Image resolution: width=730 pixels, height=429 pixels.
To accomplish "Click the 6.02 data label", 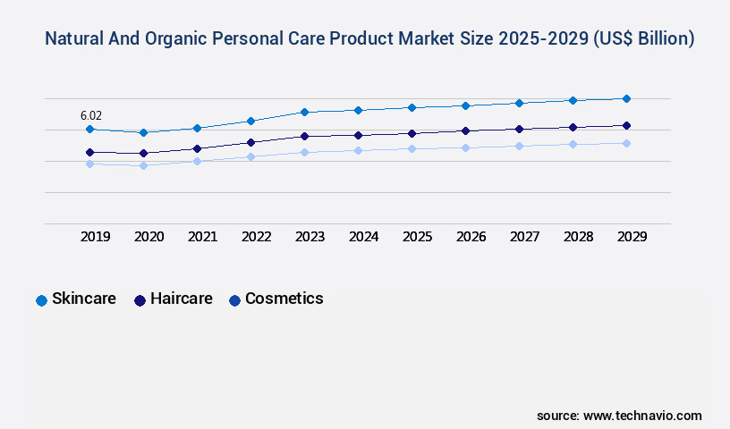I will pos(91,115).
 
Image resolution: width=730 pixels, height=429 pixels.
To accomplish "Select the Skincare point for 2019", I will pos(89,130).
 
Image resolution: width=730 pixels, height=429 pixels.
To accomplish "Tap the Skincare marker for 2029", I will pos(626,98).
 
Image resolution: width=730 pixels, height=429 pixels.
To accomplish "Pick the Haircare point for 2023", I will pos(304,136).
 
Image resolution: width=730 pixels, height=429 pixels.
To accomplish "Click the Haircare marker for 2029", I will pos(626,125).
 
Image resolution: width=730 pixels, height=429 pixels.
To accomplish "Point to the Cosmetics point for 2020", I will pos(143,165).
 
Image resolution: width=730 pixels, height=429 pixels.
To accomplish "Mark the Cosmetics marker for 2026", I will pos(465,147).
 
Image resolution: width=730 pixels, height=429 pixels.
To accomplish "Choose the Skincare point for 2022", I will pos(250,121).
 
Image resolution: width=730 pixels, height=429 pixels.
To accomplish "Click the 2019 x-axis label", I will pos(96,237).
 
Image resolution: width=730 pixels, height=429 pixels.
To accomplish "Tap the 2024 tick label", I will pos(364,237).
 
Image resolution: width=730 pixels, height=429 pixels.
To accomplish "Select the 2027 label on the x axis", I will pos(525,237).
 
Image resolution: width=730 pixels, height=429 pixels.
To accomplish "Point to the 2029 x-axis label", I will pos(632,237).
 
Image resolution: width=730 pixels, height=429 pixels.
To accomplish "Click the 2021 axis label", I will pos(203,237).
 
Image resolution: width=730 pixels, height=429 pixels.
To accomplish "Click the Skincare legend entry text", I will pos(84,299).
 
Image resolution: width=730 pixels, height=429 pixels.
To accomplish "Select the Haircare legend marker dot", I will pos(140,300).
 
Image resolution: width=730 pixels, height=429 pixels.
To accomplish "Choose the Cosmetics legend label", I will pos(284,299).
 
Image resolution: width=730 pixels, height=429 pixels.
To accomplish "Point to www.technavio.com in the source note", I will pos(642,416).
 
